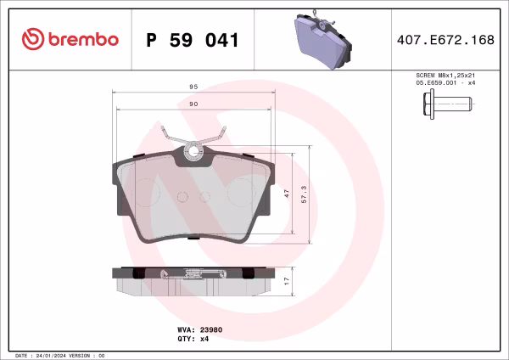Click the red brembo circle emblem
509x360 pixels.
[x=33, y=39]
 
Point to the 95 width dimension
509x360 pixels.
[x=193, y=87]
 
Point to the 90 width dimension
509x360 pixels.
[x=193, y=104]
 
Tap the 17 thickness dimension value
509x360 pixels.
[x=288, y=280]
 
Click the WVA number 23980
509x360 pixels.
[x=210, y=328]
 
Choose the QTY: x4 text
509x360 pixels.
[x=193, y=338]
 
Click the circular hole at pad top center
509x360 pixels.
[x=193, y=154]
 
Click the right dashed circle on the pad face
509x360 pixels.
[x=242, y=190]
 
